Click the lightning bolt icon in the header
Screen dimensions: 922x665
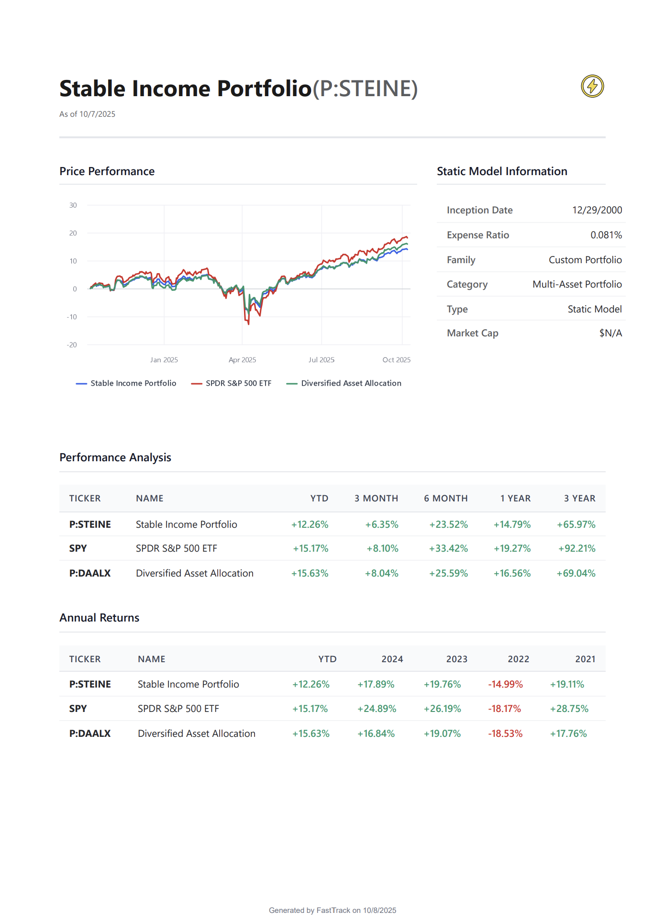click(x=592, y=86)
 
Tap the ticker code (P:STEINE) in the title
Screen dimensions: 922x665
click(x=365, y=89)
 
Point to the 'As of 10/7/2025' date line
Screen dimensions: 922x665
click(x=87, y=114)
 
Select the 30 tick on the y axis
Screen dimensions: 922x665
click(x=73, y=205)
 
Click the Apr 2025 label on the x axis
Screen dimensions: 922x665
click(x=242, y=360)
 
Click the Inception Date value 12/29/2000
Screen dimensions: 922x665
click(x=597, y=210)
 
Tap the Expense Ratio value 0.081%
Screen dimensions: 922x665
click(x=606, y=235)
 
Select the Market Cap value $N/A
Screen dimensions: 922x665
click(x=610, y=333)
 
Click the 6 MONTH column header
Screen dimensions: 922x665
click(x=445, y=498)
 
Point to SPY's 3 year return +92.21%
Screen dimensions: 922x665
click(x=576, y=548)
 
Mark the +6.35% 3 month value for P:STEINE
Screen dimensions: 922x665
click(x=381, y=524)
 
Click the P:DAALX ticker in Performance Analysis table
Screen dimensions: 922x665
click(x=90, y=573)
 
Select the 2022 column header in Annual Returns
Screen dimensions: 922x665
click(x=518, y=659)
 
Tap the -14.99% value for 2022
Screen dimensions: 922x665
click(x=505, y=684)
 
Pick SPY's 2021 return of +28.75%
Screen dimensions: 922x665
click(x=569, y=709)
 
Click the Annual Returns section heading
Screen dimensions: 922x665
click(x=100, y=618)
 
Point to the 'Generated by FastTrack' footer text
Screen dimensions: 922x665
click(x=332, y=910)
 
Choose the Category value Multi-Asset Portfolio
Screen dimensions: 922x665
click(x=577, y=284)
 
